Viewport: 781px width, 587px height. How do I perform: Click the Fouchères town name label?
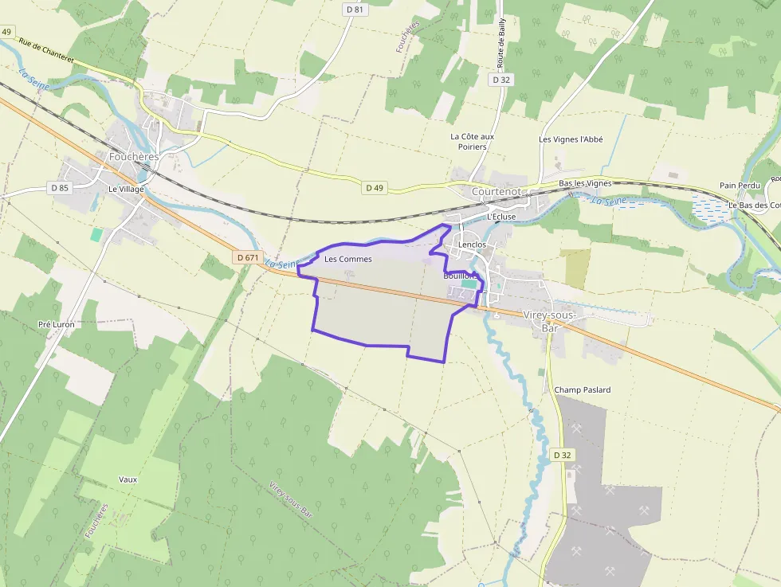(x=134, y=157)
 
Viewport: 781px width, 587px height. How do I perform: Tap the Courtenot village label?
(x=496, y=192)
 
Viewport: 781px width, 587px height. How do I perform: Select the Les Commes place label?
(x=347, y=259)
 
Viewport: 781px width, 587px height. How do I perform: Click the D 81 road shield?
(x=355, y=9)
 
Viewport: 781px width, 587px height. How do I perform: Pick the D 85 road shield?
(x=60, y=188)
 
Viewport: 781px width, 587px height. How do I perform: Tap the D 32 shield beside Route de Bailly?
(x=501, y=80)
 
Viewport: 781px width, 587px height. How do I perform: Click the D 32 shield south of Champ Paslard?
(x=562, y=455)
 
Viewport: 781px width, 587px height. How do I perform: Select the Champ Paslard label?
(x=583, y=389)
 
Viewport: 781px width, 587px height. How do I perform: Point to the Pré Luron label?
(x=56, y=325)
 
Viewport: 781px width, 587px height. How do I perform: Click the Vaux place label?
(x=128, y=479)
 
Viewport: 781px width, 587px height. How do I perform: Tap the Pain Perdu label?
(x=739, y=185)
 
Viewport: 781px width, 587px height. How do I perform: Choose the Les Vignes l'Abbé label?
(x=571, y=139)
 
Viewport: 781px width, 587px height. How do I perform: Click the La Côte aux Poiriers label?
(x=472, y=141)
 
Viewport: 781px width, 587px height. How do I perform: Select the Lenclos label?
(x=472, y=245)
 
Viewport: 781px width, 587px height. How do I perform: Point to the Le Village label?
(x=126, y=189)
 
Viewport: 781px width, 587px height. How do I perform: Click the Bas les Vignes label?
(x=585, y=183)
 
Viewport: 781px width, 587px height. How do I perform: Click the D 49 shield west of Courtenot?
(x=375, y=188)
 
